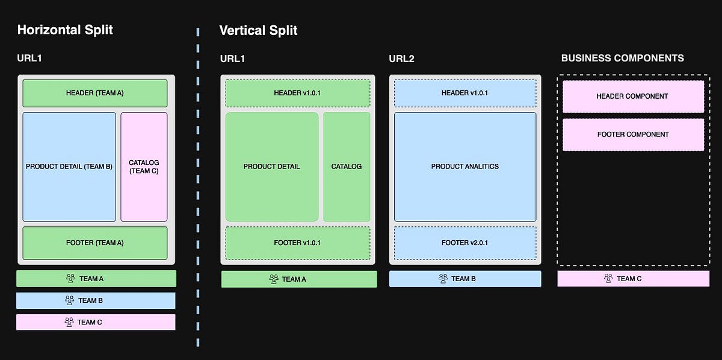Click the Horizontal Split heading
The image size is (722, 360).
pyautogui.click(x=65, y=29)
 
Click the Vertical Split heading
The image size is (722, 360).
pyautogui.click(x=258, y=30)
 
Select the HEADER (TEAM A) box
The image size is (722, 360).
pyautogui.click(x=95, y=93)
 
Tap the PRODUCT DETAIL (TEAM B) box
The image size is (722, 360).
pyautogui.click(x=69, y=167)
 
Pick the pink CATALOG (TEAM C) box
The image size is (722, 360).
pyautogui.click(x=144, y=167)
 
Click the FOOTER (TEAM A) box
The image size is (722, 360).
pyautogui.click(x=95, y=243)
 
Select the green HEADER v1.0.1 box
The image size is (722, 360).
pyautogui.click(x=298, y=93)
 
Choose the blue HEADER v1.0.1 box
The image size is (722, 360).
pyautogui.click(x=465, y=93)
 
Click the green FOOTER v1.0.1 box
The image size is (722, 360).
pyautogui.click(x=298, y=243)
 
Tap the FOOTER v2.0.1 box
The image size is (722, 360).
pyautogui.click(x=465, y=243)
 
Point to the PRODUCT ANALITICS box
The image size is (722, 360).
pyautogui.click(x=465, y=167)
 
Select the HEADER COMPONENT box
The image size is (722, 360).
pyautogui.click(x=633, y=96)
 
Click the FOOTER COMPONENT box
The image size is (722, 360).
pyautogui.click(x=633, y=134)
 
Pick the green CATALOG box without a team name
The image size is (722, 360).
pyautogui.click(x=347, y=167)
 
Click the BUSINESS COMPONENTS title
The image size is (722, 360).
pyautogui.click(x=622, y=58)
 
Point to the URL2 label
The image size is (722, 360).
pyautogui.click(x=401, y=59)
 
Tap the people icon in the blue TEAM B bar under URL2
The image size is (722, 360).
pyautogui.click(x=443, y=279)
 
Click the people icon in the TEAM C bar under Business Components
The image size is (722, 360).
pyautogui.click(x=608, y=279)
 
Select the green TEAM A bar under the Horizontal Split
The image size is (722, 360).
pyautogui.click(x=96, y=279)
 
